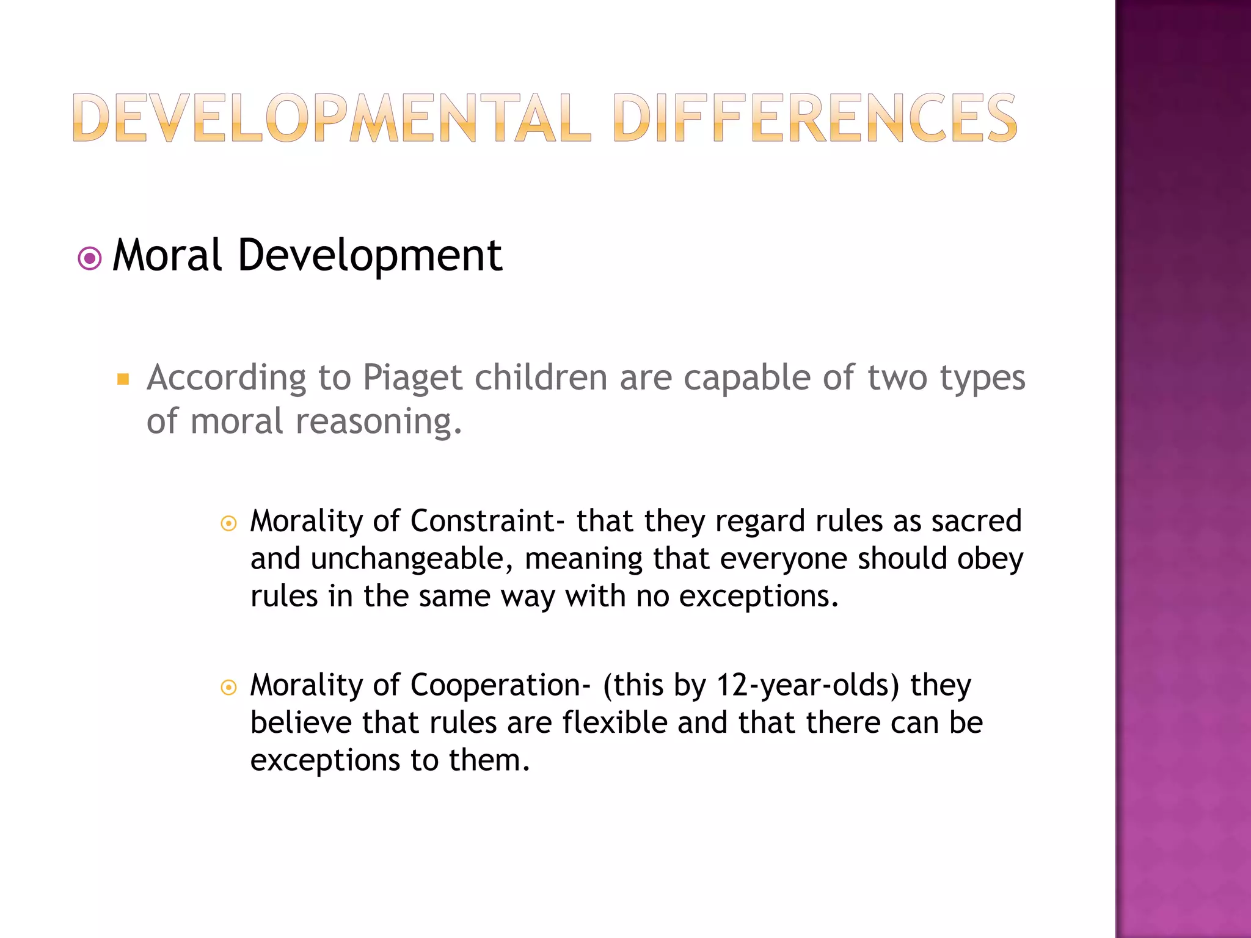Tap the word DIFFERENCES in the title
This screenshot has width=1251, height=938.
pos(815,118)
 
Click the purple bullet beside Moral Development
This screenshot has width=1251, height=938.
pos(90,259)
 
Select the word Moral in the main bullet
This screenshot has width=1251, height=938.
pos(167,255)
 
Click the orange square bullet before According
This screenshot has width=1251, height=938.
pos(123,379)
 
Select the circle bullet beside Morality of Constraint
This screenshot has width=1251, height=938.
pos(228,523)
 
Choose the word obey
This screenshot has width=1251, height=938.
pos(990,559)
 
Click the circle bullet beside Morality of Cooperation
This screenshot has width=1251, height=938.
pos(228,688)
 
